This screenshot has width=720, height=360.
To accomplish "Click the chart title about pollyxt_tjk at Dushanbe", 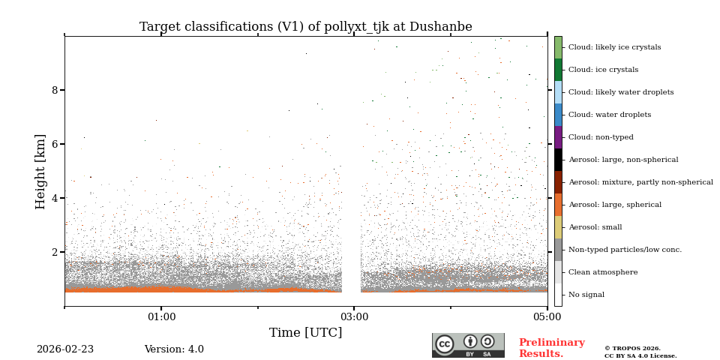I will pos(305,27).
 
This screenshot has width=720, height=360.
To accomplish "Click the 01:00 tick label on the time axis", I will pos(161,316).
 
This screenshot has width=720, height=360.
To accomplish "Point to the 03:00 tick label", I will pos(354,316).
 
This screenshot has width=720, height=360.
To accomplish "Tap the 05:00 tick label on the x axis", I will pos(547,316).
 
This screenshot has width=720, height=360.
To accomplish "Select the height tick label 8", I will pos(54,90).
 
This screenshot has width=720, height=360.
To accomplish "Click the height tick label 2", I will pos(54,252).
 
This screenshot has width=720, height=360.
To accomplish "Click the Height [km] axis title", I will pos(40,171).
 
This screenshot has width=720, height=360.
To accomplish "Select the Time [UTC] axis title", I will pos(305,332).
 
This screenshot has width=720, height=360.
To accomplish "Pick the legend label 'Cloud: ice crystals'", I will pos(603,70).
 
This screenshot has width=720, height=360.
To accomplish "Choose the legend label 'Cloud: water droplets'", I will pos(609,115).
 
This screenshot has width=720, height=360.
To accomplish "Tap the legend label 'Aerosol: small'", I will pos(595,227).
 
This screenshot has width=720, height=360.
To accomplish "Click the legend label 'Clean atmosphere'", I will pos(602,272).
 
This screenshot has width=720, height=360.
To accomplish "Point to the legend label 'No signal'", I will pos(586,295).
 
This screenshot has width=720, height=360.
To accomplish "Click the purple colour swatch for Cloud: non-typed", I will pos(558,137).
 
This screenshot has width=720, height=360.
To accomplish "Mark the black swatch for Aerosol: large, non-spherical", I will pos(558,160).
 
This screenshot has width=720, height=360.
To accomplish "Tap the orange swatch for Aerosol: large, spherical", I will pos(558,205).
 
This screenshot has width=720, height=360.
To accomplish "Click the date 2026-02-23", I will pos(65,349).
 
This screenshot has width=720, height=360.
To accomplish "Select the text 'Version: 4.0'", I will pos(174,349).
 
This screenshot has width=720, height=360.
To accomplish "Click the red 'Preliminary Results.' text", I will pos(551,348).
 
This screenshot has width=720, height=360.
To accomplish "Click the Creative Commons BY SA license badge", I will pos(468,345).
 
